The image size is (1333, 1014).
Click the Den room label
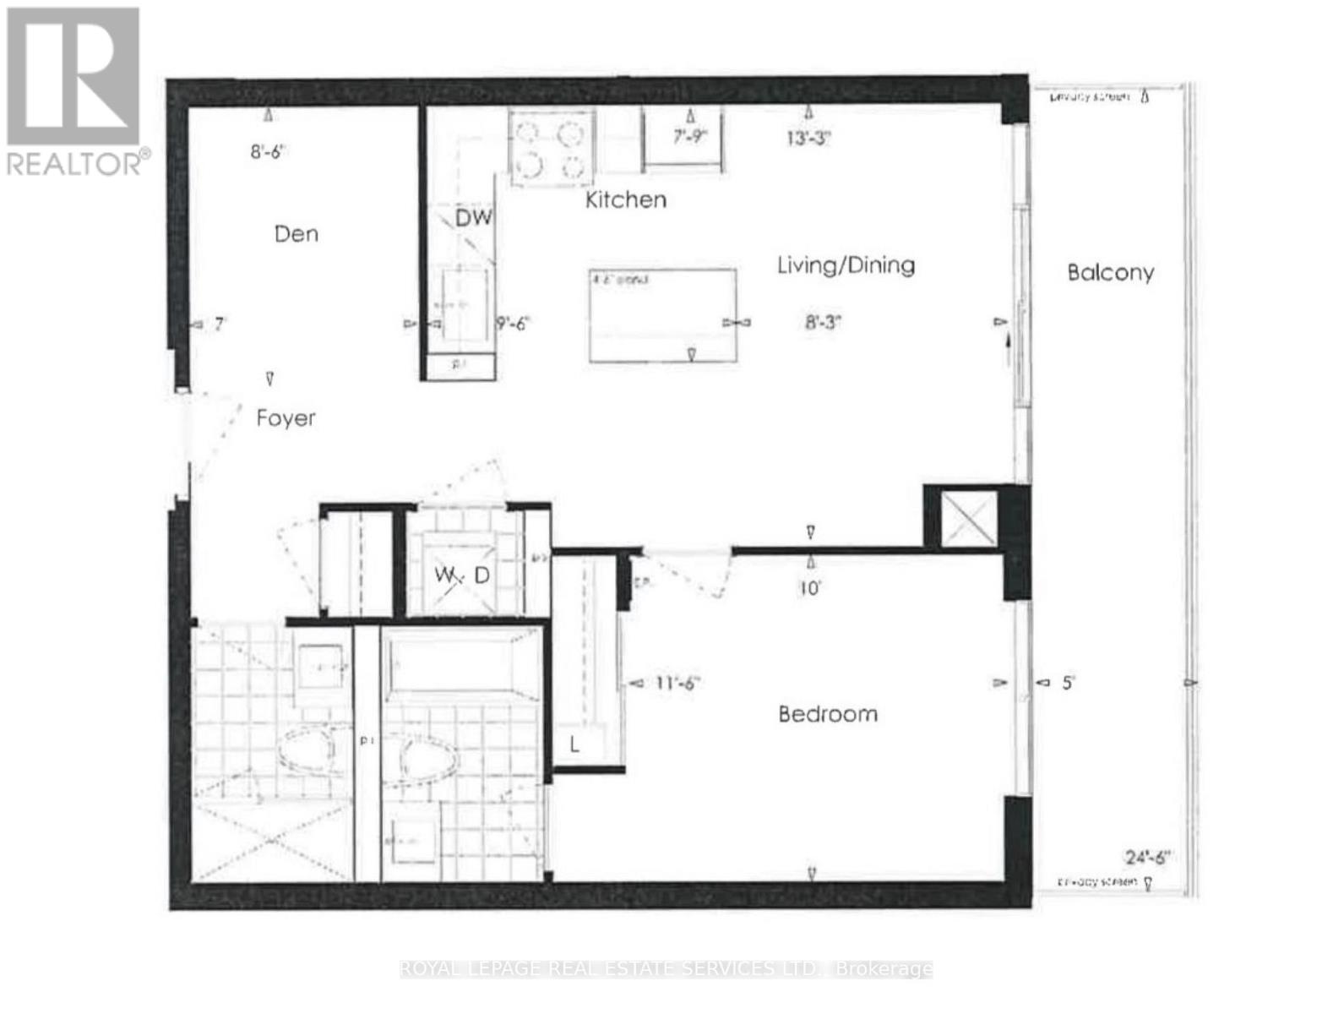[x=297, y=234]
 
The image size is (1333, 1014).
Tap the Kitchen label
[x=626, y=199]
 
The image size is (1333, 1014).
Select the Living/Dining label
[x=846, y=265]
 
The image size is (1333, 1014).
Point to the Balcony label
[x=1110, y=272]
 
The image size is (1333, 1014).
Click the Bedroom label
[x=828, y=714]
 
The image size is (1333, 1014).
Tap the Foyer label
[x=286, y=418]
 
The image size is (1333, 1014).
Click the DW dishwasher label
[x=473, y=218]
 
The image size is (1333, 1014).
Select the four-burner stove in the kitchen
[x=550, y=148]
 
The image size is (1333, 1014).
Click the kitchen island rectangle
[x=662, y=315]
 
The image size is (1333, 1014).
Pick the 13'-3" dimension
[x=808, y=138]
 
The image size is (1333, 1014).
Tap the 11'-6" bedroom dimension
[x=677, y=683]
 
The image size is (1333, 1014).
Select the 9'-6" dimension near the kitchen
[x=513, y=323]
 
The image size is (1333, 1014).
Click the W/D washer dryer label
[x=462, y=575]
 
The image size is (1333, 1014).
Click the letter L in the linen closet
[x=574, y=744]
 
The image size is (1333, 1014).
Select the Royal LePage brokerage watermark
[x=666, y=968]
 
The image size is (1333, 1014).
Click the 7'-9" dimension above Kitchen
[x=689, y=136]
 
